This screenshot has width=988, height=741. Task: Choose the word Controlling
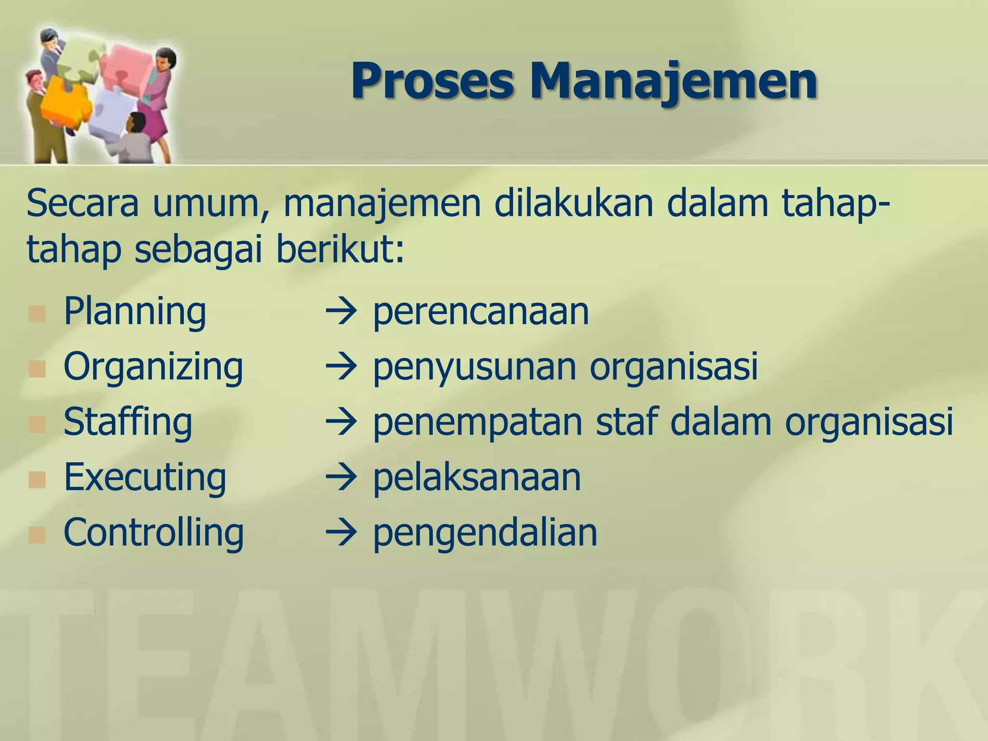point(153,533)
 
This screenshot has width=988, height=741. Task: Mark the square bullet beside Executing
point(37,480)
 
